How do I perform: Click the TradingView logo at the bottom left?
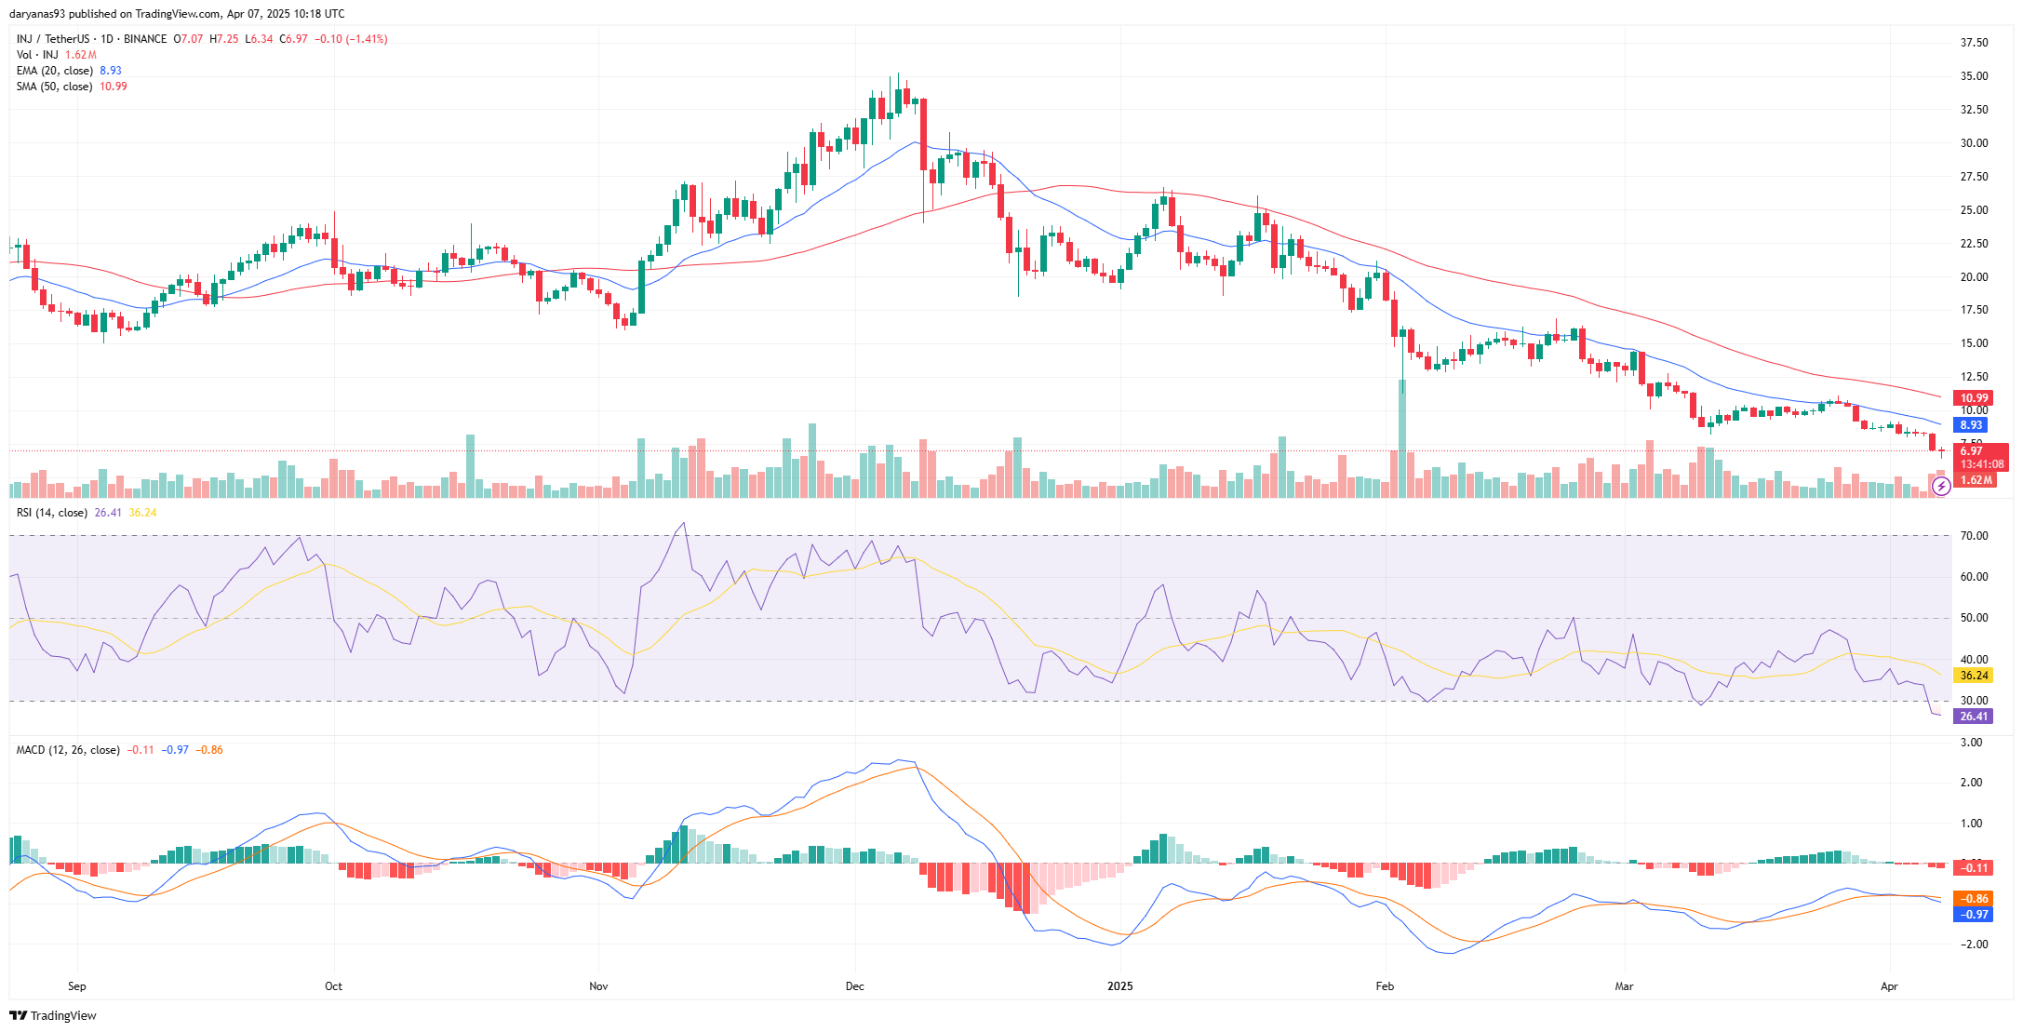(53, 1015)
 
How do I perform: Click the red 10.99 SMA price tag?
(1974, 398)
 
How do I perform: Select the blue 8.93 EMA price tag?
(1971, 425)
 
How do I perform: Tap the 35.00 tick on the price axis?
(1974, 76)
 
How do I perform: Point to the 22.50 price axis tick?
(1974, 244)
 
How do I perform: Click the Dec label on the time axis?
(854, 986)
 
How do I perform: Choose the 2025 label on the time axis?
(1119, 986)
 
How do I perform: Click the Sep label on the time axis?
(77, 986)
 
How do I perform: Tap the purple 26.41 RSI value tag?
(1973, 717)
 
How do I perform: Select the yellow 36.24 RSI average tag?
(1974, 676)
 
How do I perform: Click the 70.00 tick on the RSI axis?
(1974, 536)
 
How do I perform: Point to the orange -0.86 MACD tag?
(1974, 899)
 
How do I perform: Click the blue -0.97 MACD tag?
(1974, 915)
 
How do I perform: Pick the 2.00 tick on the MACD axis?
(1971, 783)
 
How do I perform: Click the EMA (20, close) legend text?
(55, 71)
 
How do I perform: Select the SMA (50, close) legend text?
(54, 87)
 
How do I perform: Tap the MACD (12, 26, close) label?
(68, 750)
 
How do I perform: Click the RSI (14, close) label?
(52, 513)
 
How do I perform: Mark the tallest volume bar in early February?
(1401, 437)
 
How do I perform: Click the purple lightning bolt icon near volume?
(1941, 486)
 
